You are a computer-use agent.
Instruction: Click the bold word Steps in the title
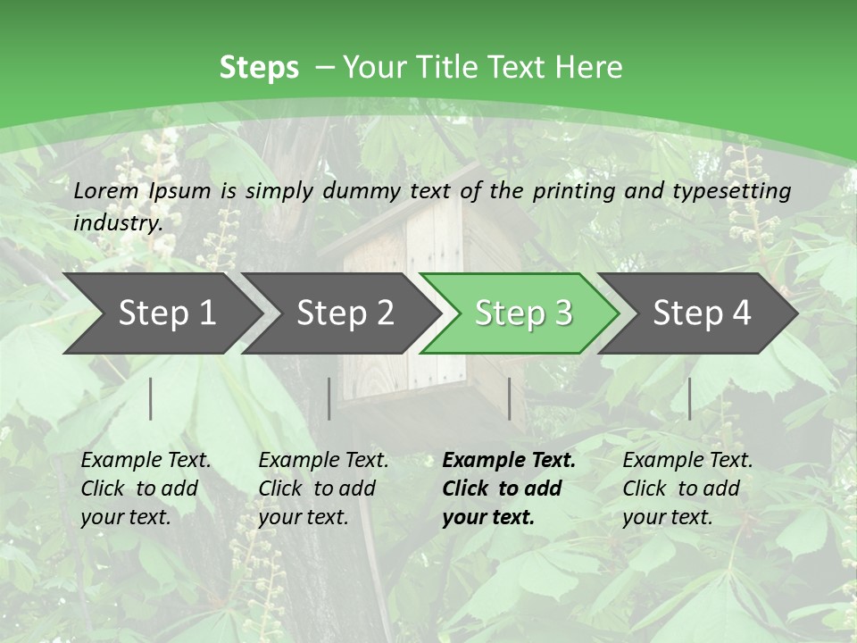click(259, 68)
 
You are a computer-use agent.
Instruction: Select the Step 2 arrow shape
click(345, 313)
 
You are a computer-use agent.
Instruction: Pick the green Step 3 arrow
click(523, 313)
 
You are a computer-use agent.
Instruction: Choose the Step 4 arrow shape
click(702, 313)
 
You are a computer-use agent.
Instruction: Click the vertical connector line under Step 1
click(151, 398)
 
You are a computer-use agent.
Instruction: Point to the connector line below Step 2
click(329, 398)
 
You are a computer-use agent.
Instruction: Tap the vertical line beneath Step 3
click(509, 398)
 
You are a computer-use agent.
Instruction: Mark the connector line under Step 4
click(689, 398)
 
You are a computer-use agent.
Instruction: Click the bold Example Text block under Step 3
click(509, 489)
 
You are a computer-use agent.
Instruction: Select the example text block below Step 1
click(146, 489)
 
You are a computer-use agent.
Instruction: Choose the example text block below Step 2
click(323, 489)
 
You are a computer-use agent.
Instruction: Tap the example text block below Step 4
click(687, 489)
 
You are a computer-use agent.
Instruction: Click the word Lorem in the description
click(106, 190)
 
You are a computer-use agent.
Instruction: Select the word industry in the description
click(118, 223)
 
